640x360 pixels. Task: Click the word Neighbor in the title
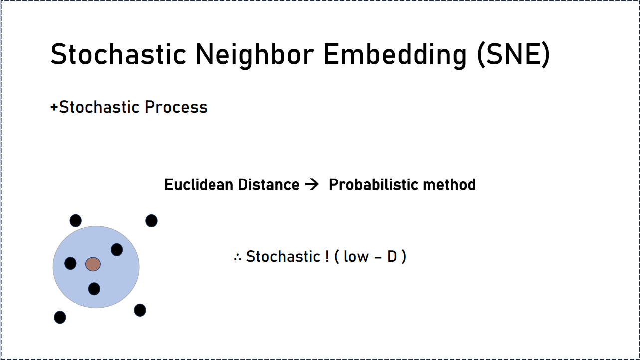(254, 55)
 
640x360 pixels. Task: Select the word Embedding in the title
(395, 55)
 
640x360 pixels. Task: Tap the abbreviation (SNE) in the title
(513, 55)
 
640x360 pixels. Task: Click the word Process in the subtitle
(176, 107)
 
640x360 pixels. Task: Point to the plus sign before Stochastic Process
(54, 108)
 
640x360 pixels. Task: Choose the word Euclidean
(199, 184)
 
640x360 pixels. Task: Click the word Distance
(268, 184)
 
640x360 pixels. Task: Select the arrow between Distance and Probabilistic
(312, 184)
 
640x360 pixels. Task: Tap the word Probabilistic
(374, 184)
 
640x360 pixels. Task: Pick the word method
(449, 184)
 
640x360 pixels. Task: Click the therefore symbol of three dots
(238, 257)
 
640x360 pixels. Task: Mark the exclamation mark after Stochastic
(327, 256)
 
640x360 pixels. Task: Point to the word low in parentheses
(356, 256)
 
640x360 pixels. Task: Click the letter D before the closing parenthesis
(392, 256)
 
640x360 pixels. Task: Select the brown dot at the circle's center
(93, 264)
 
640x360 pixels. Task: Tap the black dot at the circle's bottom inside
(94, 289)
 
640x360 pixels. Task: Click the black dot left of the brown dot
(70, 263)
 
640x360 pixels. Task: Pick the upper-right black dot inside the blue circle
(117, 250)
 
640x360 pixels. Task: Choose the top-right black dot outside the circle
(151, 221)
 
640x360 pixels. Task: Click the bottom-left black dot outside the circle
(60, 317)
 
